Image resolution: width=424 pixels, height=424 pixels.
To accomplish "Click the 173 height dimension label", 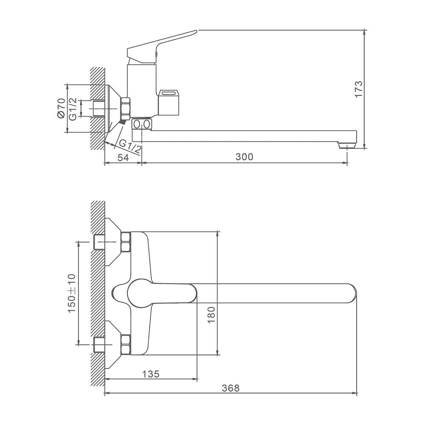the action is tap(358, 89).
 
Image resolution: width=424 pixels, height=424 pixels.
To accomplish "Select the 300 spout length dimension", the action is tap(245, 157).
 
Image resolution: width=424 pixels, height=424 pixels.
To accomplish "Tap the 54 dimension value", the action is tap(123, 157).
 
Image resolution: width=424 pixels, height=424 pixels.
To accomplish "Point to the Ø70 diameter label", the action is tap(61, 108).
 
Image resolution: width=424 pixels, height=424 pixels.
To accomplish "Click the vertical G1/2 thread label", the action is tap(73, 109).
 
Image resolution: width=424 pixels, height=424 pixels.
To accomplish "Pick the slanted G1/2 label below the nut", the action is tap(130, 147).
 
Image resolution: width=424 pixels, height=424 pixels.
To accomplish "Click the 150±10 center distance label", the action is tap(72, 293).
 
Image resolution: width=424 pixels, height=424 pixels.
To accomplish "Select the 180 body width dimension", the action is tap(211, 315).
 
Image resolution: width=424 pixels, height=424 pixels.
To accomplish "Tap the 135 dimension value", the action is tap(151, 374).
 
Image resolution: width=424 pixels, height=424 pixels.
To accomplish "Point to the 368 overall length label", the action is tap(231, 388).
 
